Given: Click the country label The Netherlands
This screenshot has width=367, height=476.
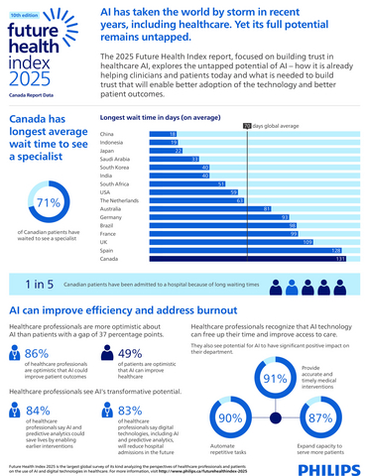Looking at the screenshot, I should pyautogui.click(x=123, y=199).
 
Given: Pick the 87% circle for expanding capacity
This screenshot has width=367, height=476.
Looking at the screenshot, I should pyautogui.click(x=319, y=417).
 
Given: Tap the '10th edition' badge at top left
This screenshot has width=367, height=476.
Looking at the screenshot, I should pyautogui.click(x=27, y=18).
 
